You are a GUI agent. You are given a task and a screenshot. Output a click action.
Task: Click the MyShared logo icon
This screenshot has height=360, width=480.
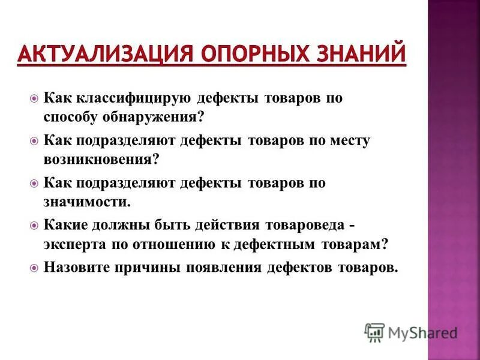click(375, 332)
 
